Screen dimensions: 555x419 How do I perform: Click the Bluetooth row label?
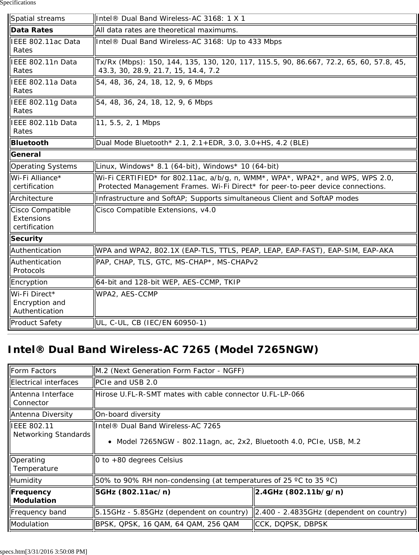[x=30, y=143]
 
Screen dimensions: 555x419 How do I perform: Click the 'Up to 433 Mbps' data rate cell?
[x=189, y=42]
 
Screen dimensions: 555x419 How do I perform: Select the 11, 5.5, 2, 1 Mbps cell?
[x=128, y=123]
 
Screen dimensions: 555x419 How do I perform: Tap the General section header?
[x=26, y=155]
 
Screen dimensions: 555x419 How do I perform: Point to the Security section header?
[x=27, y=238]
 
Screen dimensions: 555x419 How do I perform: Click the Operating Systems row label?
[x=44, y=166]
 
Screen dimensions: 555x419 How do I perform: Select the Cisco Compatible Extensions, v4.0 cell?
[x=156, y=210]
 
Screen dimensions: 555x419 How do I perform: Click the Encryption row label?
[x=29, y=282]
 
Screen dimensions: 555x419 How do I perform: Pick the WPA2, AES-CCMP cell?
[x=127, y=294]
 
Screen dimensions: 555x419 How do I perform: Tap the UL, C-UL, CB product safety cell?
[x=151, y=323]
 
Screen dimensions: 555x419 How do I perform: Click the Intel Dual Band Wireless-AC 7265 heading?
[x=163, y=350]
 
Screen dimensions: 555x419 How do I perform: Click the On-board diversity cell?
[x=128, y=414]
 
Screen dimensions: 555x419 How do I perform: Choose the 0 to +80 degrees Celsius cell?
[x=139, y=460]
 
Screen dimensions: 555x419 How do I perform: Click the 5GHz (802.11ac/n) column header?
[x=133, y=492]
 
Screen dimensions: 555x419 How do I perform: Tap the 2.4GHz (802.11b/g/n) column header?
[x=299, y=492]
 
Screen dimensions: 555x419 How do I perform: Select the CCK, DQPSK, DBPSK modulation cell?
[x=291, y=524]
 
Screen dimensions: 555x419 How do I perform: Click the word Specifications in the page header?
[x=18, y=3]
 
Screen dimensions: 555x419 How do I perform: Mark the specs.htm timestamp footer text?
[x=44, y=551]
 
